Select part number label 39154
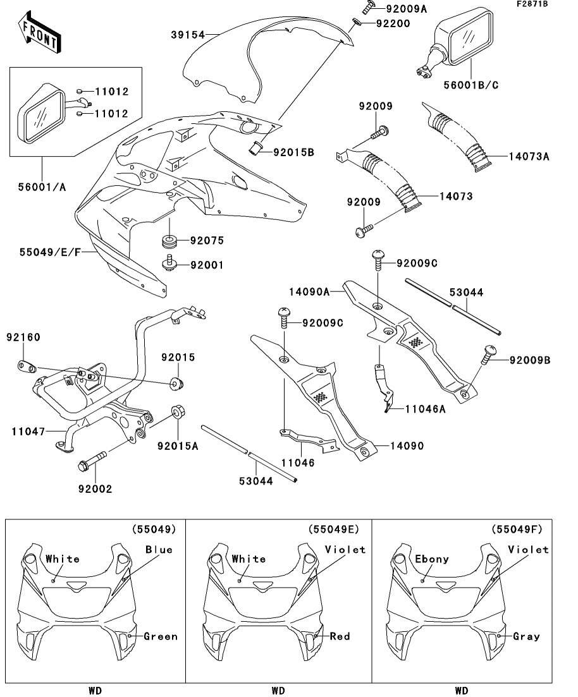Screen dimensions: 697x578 (187, 35)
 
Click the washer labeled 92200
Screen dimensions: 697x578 (357, 24)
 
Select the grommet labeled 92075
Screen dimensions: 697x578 (169, 241)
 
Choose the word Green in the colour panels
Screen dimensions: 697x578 (161, 636)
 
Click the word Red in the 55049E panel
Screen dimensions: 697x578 (340, 636)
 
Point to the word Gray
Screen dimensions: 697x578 (526, 636)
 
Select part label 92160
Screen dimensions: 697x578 (23, 337)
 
